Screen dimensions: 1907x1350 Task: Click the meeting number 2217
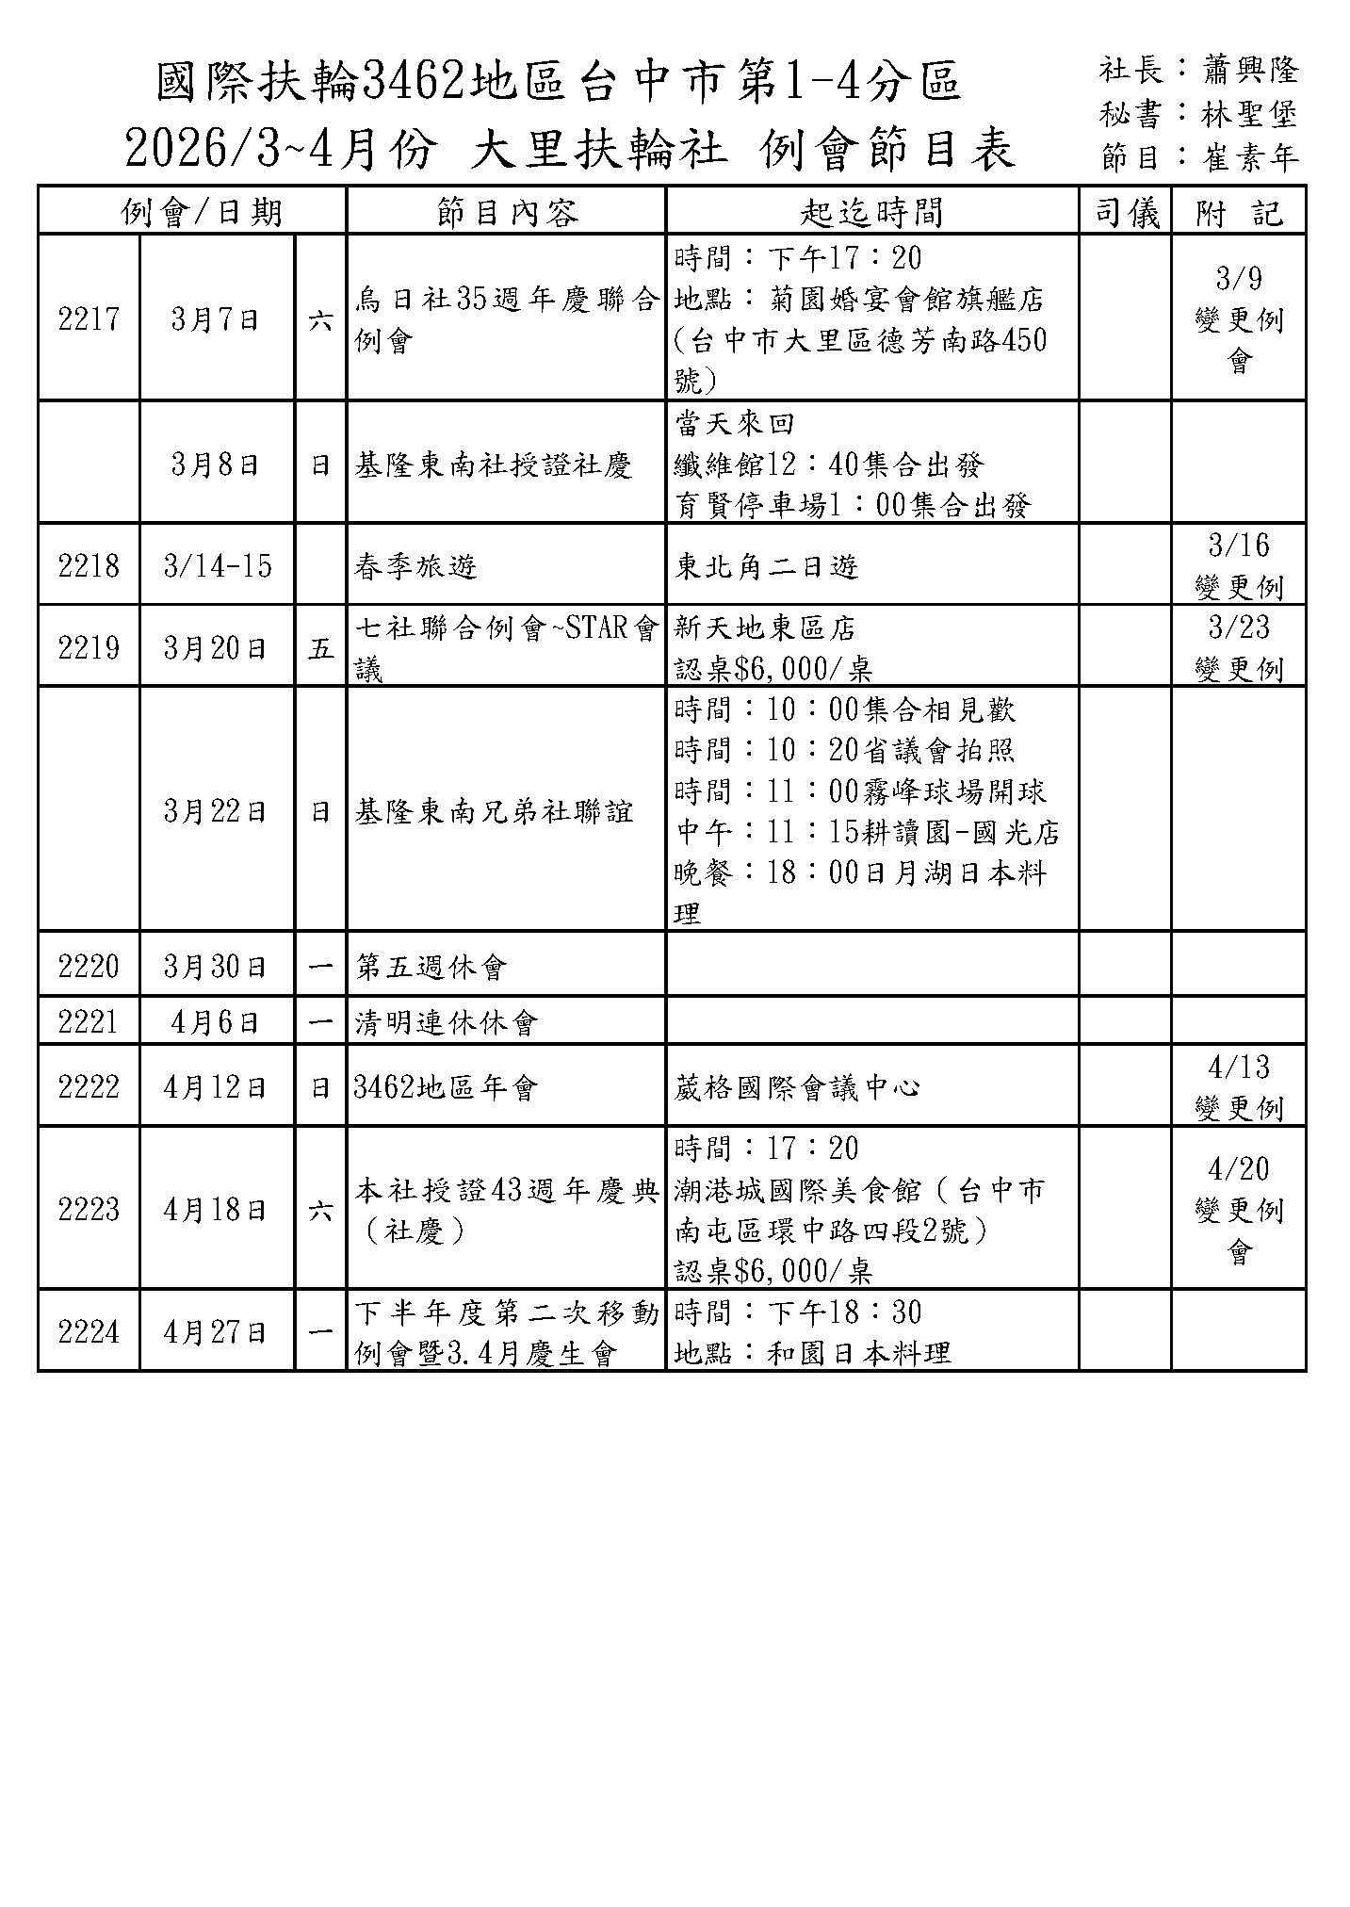click(x=89, y=319)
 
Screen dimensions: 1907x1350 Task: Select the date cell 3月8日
click(x=216, y=465)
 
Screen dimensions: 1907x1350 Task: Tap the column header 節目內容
click(x=507, y=212)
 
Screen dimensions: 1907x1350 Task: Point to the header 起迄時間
click(x=871, y=212)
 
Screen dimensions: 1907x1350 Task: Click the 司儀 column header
click(x=1126, y=212)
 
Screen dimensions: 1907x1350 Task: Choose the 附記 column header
click(x=1239, y=212)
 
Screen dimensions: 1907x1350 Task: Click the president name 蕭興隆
click(x=1250, y=71)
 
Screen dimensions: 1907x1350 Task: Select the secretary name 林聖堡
click(x=1250, y=114)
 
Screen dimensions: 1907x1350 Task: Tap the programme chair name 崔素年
click(x=1250, y=157)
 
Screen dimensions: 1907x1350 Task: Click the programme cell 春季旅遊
click(x=415, y=566)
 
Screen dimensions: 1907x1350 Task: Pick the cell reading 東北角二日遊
click(x=767, y=566)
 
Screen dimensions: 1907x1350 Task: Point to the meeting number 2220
click(x=89, y=967)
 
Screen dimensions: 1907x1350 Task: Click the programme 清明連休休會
click(x=446, y=1022)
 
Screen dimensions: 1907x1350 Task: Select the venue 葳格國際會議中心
click(x=797, y=1087)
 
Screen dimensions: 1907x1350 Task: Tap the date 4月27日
click(x=216, y=1332)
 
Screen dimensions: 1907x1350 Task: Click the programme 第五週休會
click(x=431, y=967)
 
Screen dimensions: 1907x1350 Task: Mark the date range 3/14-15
click(x=218, y=566)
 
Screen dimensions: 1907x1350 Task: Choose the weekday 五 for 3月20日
click(x=320, y=648)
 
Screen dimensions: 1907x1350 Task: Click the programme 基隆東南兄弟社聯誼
click(x=494, y=811)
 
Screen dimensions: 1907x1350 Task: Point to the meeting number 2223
click(x=89, y=1210)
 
